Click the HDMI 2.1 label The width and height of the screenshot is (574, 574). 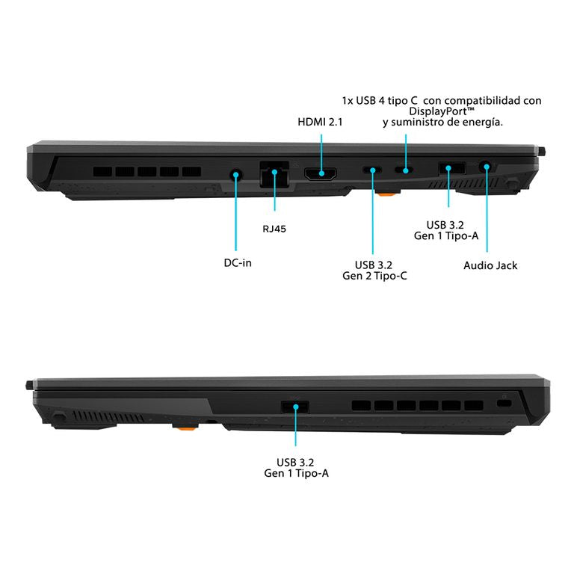320,122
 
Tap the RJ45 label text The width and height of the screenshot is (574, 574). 274,229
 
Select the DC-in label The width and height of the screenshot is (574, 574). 238,263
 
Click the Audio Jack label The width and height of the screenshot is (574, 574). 490,265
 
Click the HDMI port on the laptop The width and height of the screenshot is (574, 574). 321,173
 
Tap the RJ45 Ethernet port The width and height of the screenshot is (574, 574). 274,174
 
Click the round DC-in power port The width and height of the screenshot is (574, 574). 235,175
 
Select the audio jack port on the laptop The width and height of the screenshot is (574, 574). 486,167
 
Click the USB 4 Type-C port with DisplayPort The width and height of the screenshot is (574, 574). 404,170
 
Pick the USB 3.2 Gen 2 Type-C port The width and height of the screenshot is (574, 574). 372,170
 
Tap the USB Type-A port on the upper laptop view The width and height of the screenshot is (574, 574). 452,168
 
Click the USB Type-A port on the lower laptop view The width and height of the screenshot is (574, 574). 295,407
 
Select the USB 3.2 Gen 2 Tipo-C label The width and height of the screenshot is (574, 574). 374,270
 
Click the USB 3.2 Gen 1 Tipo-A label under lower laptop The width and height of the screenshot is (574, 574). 296,468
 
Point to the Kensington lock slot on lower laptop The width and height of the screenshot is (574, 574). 504,403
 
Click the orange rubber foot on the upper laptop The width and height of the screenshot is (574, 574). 387,193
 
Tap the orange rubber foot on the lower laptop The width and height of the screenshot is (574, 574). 186,427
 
